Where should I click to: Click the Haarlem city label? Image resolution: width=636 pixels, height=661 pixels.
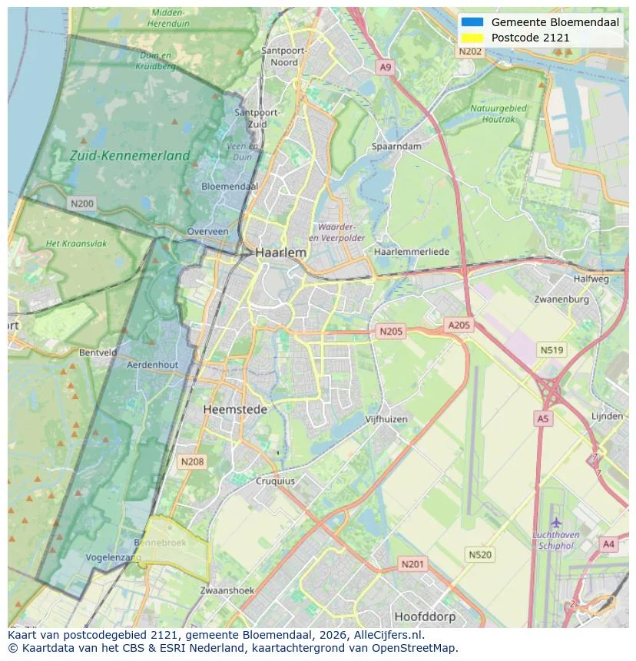280,253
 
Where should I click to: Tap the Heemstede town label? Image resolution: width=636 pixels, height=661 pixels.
235,410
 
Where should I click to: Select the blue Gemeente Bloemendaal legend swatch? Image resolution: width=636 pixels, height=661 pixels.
472,22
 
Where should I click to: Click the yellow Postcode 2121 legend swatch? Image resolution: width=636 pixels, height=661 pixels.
472,38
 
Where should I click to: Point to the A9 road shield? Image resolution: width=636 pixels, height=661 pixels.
386,68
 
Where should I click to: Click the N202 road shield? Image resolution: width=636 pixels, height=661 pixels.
470,51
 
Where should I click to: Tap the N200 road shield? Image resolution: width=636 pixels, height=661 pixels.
81,203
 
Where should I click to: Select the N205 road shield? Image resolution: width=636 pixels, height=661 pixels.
390,332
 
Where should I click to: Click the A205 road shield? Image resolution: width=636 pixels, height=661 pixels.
459,326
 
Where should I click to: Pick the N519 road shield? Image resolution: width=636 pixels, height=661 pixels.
552,350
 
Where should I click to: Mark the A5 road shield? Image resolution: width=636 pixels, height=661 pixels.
543,418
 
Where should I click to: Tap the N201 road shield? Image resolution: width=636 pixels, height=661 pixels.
412,564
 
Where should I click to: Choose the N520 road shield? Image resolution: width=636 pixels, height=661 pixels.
480,554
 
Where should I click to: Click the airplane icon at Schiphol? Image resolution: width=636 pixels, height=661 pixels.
555,524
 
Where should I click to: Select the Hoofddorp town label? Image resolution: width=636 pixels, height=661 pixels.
425,616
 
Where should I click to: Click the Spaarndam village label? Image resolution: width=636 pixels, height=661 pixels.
396,147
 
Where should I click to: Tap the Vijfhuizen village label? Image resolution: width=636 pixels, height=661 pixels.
386,419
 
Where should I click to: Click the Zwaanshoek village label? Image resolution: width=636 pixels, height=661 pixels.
227,590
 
